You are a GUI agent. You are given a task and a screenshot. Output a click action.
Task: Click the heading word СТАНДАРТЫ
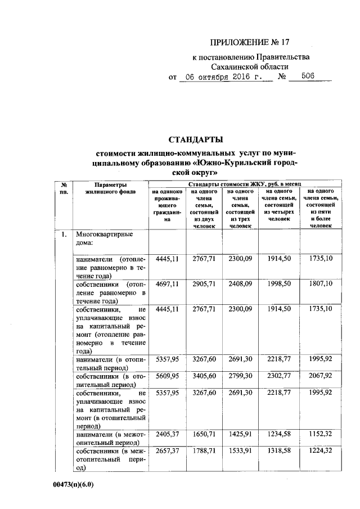pyautogui.click(x=196, y=139)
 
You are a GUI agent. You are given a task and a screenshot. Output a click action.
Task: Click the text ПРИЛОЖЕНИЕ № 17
pyautogui.click(x=251, y=42)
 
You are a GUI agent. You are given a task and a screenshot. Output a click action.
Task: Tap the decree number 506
pyautogui.click(x=307, y=77)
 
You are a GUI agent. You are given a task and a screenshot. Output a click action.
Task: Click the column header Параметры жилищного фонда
pyautogui.click(x=110, y=188)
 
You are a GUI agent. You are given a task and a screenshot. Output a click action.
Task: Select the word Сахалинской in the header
pyautogui.click(x=227, y=66)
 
